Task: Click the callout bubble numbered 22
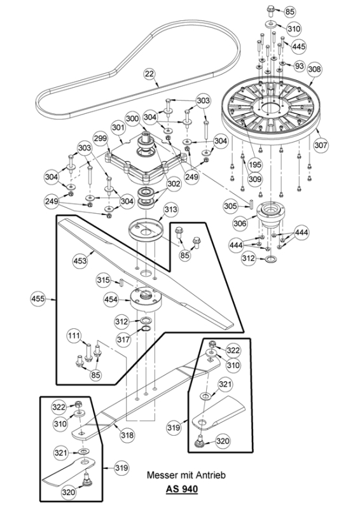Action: click(149, 74)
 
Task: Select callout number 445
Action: click(299, 46)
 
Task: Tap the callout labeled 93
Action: click(299, 66)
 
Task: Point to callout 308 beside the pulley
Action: click(314, 69)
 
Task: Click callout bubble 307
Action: click(321, 144)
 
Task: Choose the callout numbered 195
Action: click(255, 165)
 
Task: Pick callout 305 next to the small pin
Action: click(230, 206)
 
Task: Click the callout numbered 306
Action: click(240, 223)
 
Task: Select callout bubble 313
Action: click(170, 210)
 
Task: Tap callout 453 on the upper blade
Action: click(80, 261)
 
